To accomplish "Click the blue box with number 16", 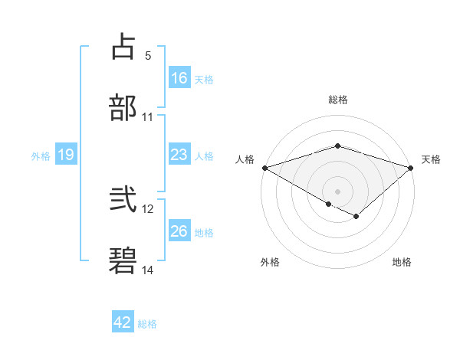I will pos(179,78).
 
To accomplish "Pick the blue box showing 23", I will pos(179,155).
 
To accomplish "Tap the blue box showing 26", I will pos(179,231).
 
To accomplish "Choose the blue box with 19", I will pos(66,155).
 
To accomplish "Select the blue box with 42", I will pos(123,322).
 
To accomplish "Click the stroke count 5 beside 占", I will pos(148,55).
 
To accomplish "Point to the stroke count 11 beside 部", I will pos(148,117).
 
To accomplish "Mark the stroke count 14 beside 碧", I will pos(148,270).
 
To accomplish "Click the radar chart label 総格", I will pos(338,100).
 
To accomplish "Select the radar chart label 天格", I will pos(432,159).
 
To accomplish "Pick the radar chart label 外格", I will pos(270,262).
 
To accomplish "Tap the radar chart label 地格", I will pos(402,262).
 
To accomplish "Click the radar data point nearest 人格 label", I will pos(264,167).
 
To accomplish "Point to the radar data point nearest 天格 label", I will pos(410,167).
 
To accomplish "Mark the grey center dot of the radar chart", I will pos(337,191).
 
